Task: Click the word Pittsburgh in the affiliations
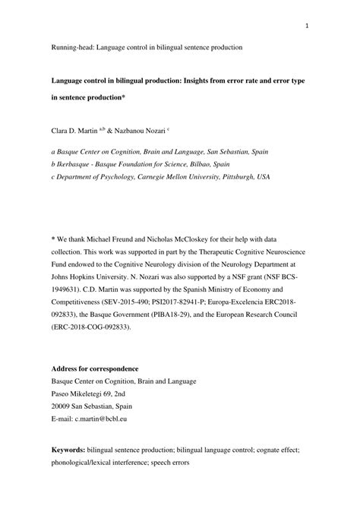point(232,176)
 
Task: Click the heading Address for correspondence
point(93,369)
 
